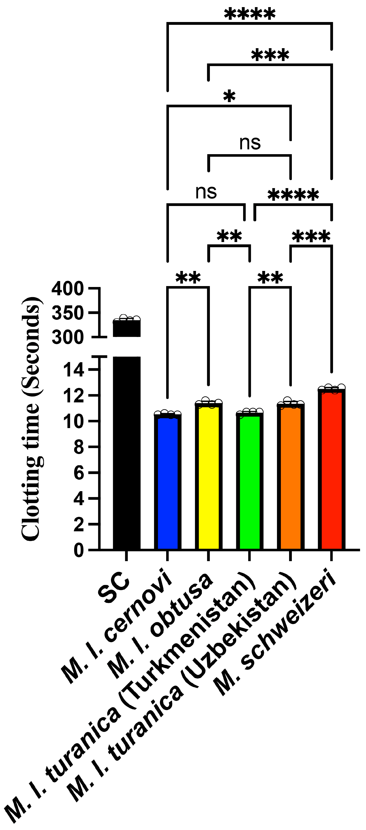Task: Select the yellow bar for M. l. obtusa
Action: point(209,477)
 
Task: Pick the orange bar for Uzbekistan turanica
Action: point(290,477)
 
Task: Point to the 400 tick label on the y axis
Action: point(68,288)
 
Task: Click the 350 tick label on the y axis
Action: point(68,313)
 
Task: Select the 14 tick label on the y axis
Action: point(74,370)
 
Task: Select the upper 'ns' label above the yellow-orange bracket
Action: point(250,142)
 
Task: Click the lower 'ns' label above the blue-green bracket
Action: point(206,192)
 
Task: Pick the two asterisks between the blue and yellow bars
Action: point(188,278)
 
